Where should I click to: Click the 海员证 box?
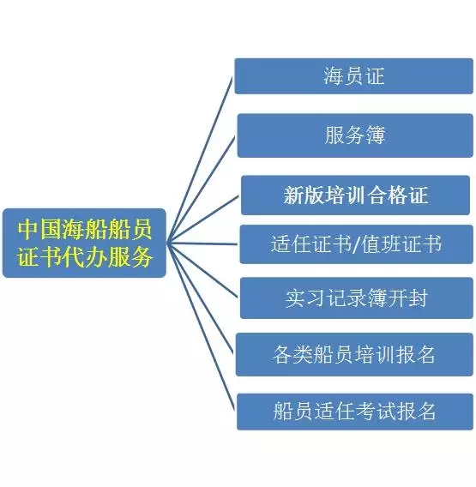click(353, 76)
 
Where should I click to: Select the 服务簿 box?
click(355, 135)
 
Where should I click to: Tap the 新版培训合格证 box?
click(355, 195)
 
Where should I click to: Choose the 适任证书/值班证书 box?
click(357, 244)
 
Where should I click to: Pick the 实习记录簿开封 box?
click(357, 298)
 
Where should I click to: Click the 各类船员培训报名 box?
click(354, 354)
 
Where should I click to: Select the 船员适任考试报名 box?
click(355, 412)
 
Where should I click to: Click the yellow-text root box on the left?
click(84, 243)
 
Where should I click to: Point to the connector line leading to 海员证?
click(200, 159)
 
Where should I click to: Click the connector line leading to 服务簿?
click(202, 190)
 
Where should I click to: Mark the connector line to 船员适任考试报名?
click(201, 327)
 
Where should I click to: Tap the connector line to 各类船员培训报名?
click(200, 298)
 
